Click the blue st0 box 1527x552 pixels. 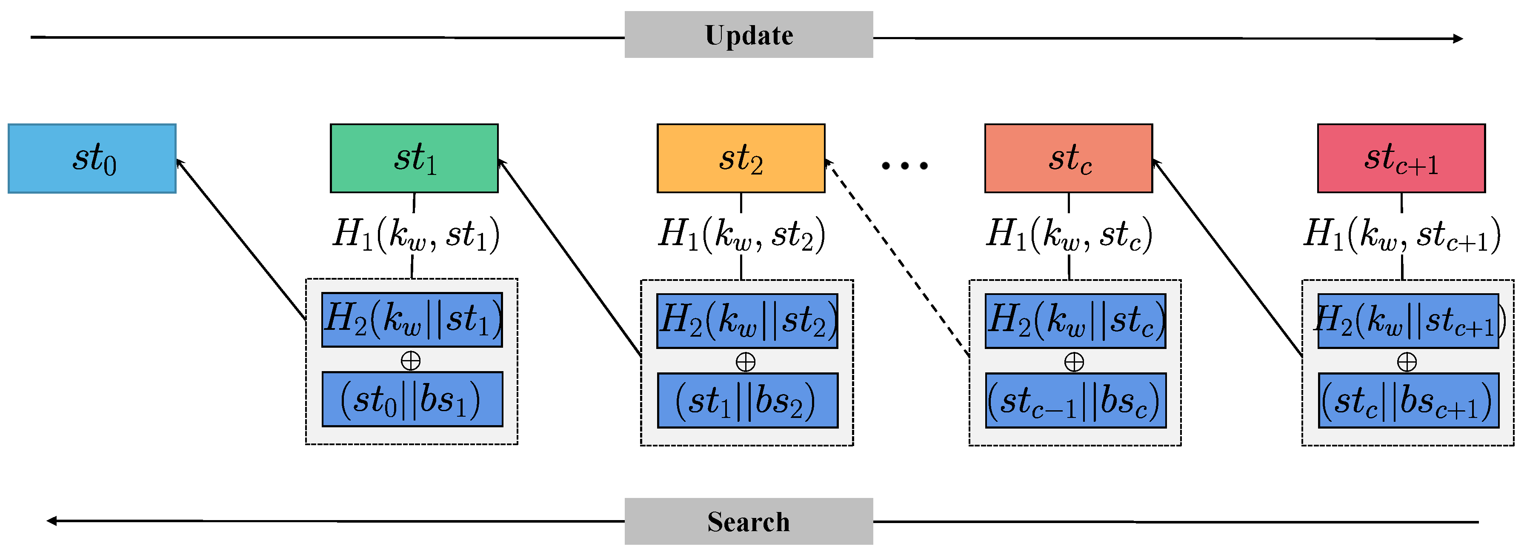[92, 158]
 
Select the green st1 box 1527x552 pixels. [414, 158]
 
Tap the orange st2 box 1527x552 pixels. [741, 158]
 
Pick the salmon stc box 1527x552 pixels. [1068, 158]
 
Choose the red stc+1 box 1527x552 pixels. [1401, 158]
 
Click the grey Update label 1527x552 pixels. [748, 34]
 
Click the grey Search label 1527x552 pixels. [748, 521]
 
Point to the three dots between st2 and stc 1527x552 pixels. [904, 166]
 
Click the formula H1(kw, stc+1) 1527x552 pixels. [1402, 234]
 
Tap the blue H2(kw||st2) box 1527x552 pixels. [747, 321]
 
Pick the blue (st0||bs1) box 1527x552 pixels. [412, 399]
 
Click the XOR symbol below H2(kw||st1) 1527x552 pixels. [410, 360]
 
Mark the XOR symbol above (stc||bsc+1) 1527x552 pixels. [1407, 362]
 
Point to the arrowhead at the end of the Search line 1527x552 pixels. [52, 521]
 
